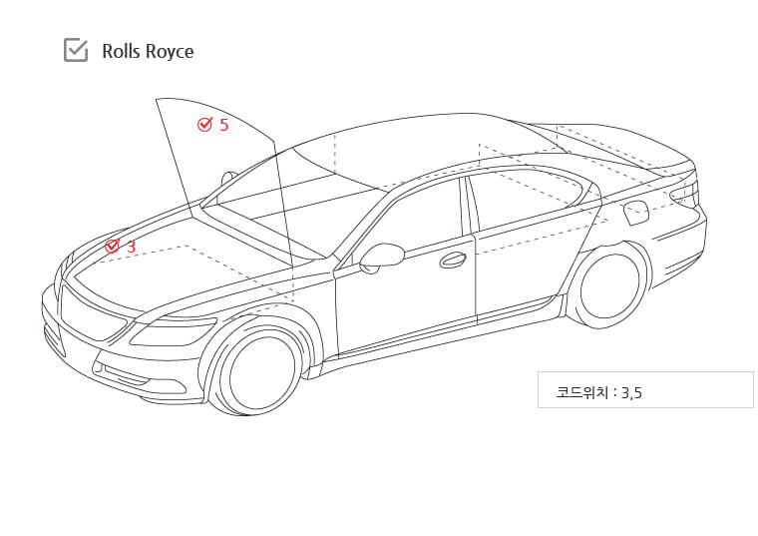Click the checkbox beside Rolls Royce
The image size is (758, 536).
point(76,50)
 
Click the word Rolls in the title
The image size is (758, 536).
point(121,51)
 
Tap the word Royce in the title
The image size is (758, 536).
point(170,52)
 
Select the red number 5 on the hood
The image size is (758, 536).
point(223,125)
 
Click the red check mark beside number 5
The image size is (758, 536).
point(205,125)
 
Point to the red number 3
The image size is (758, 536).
point(131,247)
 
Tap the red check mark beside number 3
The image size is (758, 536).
point(112,246)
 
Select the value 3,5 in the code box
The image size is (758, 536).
point(631,393)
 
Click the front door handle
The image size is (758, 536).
point(453,261)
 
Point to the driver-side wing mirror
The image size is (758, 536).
point(381,257)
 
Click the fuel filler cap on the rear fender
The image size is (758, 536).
point(635,213)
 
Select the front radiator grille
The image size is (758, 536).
point(91,314)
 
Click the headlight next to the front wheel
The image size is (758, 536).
point(173,331)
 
